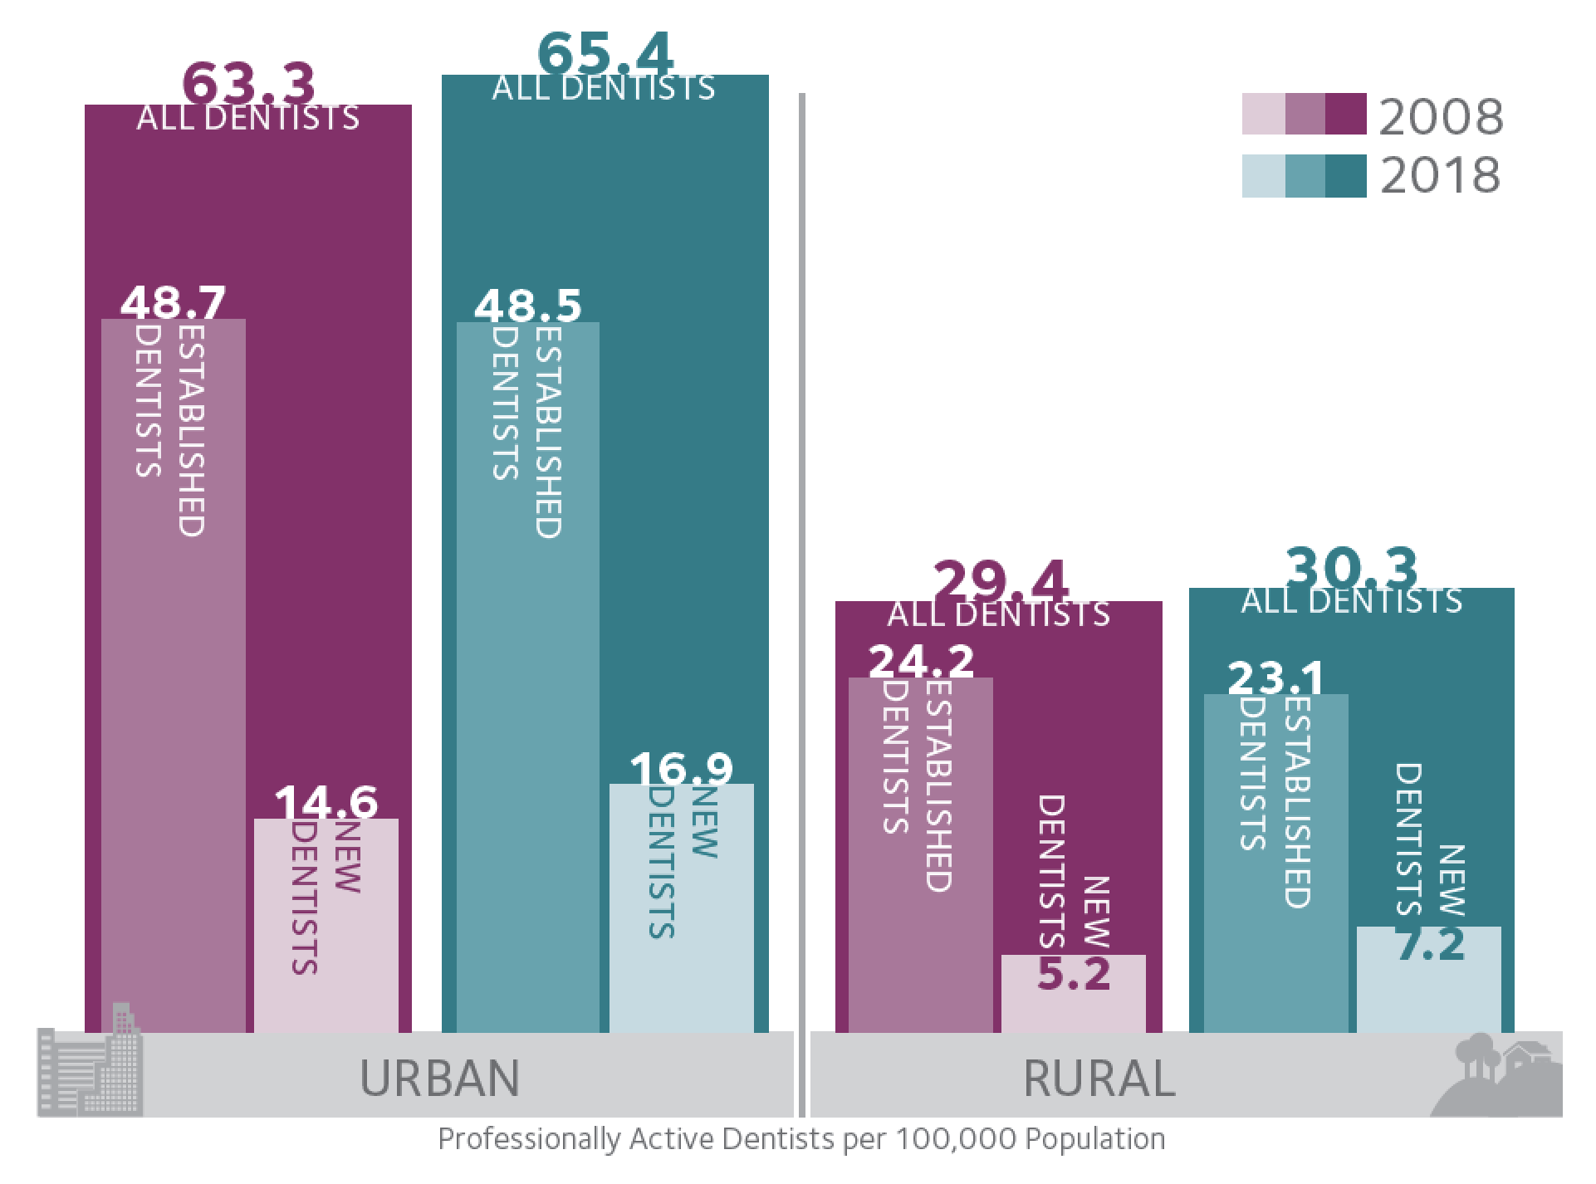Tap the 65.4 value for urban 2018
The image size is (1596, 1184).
[605, 54]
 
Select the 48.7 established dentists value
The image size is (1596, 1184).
[173, 302]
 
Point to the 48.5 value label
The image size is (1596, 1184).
[527, 306]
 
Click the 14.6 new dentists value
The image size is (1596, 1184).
[326, 802]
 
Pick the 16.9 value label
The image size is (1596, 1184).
[681, 769]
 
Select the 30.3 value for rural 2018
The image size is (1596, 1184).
[1352, 569]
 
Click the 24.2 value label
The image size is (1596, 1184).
[921, 662]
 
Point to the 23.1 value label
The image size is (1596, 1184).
[1275, 678]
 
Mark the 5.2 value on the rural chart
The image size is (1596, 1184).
[1074, 974]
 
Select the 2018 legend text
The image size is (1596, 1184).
[1442, 175]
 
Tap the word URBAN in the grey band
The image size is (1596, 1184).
[439, 1078]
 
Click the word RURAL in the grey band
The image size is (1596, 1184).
[1099, 1078]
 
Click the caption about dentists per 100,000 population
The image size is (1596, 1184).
[800, 1138]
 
